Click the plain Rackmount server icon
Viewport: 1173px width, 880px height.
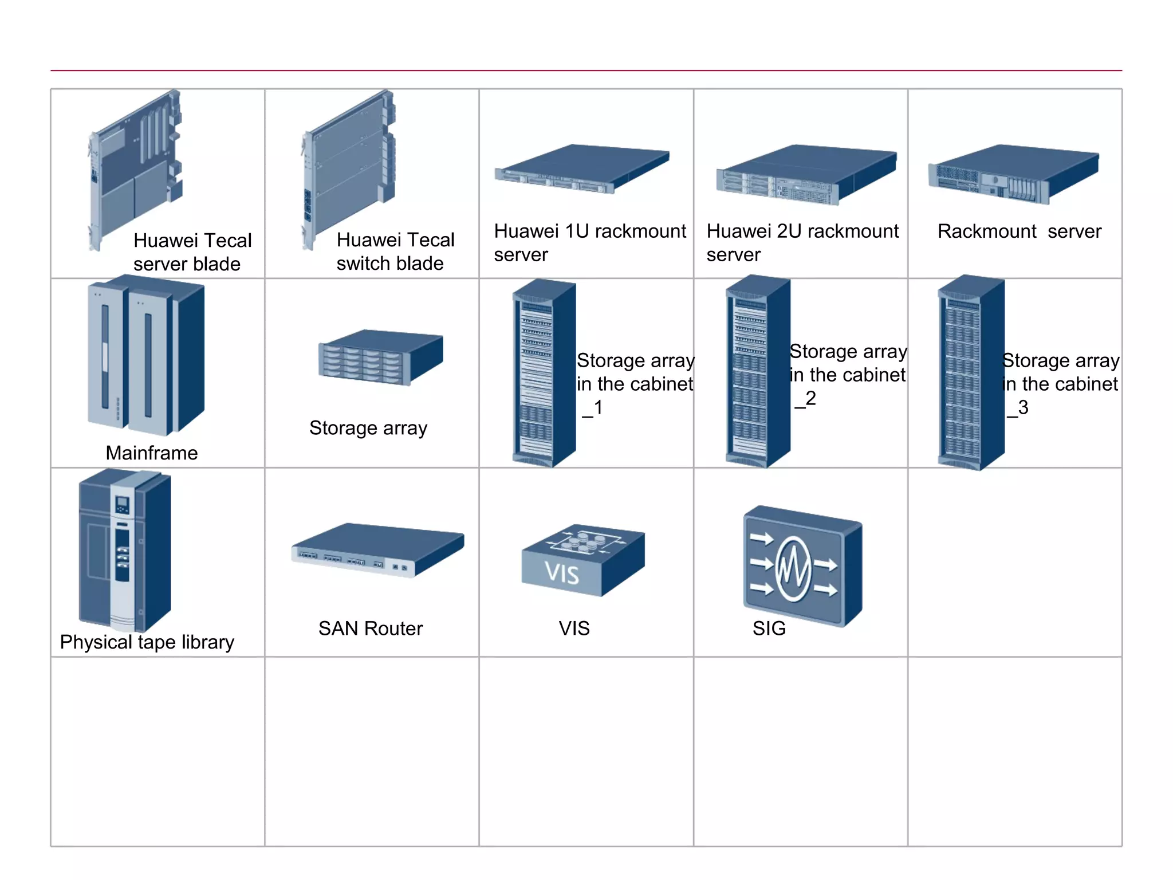1013,174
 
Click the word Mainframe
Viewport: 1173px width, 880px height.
152,453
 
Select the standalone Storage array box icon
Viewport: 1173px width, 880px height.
380,357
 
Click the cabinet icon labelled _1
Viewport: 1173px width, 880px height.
543,372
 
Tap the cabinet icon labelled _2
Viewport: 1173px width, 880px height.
757,371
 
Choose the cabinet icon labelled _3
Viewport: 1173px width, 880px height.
970,372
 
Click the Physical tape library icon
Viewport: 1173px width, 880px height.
124,550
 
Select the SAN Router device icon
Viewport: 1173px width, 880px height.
377,550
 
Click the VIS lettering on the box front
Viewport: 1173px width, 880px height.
562,573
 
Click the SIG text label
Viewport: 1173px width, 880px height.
769,628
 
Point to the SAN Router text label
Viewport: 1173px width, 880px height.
370,628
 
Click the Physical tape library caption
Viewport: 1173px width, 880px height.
147,642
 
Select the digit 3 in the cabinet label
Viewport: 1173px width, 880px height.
1024,407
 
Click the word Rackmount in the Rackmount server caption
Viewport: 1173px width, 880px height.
986,231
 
